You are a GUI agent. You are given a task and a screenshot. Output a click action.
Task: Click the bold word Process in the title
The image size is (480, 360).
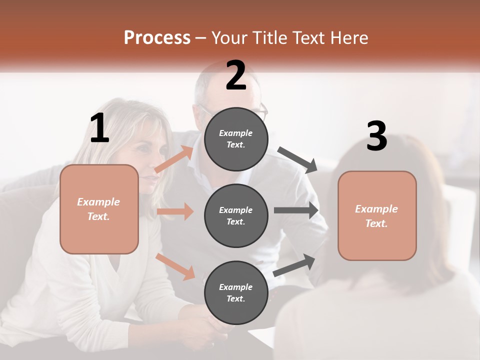(x=157, y=38)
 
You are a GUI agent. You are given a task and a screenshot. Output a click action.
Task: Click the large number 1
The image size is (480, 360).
(x=99, y=128)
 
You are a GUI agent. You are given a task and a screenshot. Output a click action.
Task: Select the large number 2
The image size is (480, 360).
(x=236, y=75)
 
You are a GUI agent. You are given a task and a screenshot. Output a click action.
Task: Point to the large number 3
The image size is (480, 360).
(x=376, y=136)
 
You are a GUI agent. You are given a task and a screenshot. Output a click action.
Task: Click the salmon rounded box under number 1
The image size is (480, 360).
(x=99, y=209)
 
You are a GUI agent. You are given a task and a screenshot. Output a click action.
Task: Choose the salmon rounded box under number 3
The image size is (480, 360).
(x=377, y=215)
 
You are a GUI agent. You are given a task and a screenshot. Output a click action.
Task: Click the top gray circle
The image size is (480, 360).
(x=236, y=139)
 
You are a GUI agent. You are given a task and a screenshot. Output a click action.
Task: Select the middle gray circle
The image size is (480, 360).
(x=236, y=215)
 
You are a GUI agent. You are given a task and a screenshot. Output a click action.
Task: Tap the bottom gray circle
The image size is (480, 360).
(x=236, y=292)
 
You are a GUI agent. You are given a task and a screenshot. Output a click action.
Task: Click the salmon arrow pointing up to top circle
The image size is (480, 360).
(x=174, y=159)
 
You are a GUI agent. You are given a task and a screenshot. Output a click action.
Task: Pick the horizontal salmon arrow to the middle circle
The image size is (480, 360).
(x=175, y=211)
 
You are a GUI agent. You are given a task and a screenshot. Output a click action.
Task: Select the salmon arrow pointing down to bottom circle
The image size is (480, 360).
(x=175, y=266)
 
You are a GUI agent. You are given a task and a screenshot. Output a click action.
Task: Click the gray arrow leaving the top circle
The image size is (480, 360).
(x=297, y=160)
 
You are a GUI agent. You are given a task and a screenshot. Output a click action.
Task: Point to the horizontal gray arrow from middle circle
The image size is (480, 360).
(x=295, y=210)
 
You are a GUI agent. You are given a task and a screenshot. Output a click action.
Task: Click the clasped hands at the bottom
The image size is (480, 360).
(x=210, y=327)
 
